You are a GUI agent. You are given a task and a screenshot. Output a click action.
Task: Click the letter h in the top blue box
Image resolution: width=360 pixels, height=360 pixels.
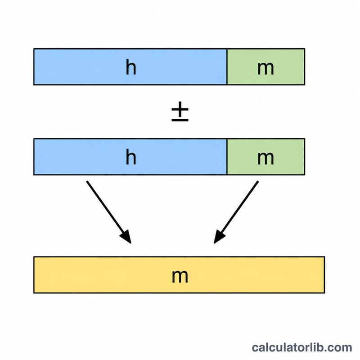(131, 67)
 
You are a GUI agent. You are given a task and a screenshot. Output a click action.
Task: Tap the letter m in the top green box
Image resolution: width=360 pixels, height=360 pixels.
(265, 68)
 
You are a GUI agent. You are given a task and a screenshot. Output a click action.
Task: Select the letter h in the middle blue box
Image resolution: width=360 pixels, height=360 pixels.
(131, 157)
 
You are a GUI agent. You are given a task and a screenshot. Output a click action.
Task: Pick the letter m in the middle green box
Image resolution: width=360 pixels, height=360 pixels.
(265, 158)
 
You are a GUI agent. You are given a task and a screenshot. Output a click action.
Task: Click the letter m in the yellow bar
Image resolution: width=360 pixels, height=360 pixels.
(180, 276)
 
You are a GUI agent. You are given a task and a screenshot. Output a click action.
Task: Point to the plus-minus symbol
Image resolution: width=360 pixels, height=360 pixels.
(180, 111)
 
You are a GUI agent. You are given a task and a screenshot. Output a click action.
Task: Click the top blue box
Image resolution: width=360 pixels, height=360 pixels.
(130, 67)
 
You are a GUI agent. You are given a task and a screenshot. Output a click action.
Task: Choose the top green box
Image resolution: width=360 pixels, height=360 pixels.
(266, 67)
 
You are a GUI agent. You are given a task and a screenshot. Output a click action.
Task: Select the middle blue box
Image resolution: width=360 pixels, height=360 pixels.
(130, 157)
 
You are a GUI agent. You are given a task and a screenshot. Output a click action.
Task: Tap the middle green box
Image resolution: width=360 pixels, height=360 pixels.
(266, 157)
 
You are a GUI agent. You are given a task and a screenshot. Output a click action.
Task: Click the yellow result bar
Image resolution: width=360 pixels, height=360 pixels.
(179, 275)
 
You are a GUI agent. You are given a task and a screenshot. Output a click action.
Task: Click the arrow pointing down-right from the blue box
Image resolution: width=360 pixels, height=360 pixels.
(109, 212)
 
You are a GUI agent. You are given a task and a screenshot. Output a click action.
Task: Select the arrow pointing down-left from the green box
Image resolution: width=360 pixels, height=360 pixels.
(236, 212)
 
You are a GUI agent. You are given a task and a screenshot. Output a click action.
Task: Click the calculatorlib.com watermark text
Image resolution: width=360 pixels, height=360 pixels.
(302, 347)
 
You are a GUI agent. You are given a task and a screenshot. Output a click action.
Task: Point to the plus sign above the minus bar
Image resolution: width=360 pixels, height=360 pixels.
(180, 109)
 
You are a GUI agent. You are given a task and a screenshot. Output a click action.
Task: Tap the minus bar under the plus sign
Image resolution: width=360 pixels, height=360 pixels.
(180, 120)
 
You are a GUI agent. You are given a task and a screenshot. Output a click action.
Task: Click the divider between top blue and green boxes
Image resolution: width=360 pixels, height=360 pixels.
(227, 67)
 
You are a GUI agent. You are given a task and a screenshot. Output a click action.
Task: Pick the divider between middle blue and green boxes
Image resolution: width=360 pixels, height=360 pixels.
(227, 157)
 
